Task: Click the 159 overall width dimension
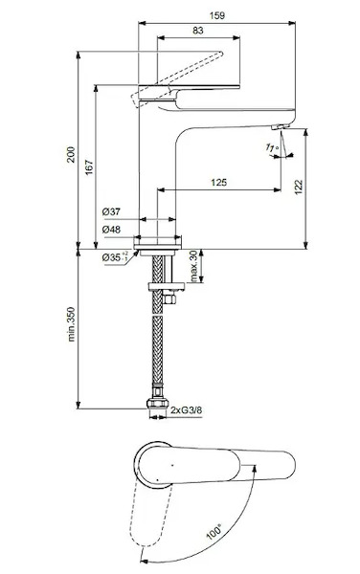(x=216, y=15)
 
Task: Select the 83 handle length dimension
(x=198, y=31)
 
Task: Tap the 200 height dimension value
(x=71, y=154)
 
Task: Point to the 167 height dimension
(x=89, y=167)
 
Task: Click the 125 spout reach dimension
(x=218, y=182)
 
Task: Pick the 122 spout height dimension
(x=299, y=187)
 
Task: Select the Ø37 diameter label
(x=111, y=211)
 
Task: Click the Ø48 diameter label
(x=111, y=230)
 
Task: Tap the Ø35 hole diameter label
(x=115, y=257)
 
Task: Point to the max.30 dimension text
(x=193, y=266)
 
